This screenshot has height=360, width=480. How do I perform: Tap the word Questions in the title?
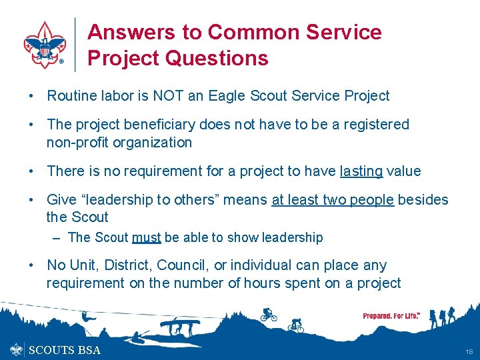(217, 58)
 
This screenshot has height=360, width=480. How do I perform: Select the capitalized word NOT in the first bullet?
(169, 96)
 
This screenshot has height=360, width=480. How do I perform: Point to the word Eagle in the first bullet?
(227, 96)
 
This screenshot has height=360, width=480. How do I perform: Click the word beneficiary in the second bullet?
(162, 125)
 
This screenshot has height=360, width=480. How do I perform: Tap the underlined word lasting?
(361, 171)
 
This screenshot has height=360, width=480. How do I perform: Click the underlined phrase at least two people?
(333, 199)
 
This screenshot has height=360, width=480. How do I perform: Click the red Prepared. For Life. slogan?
(391, 315)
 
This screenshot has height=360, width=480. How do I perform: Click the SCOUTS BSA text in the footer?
(65, 350)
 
